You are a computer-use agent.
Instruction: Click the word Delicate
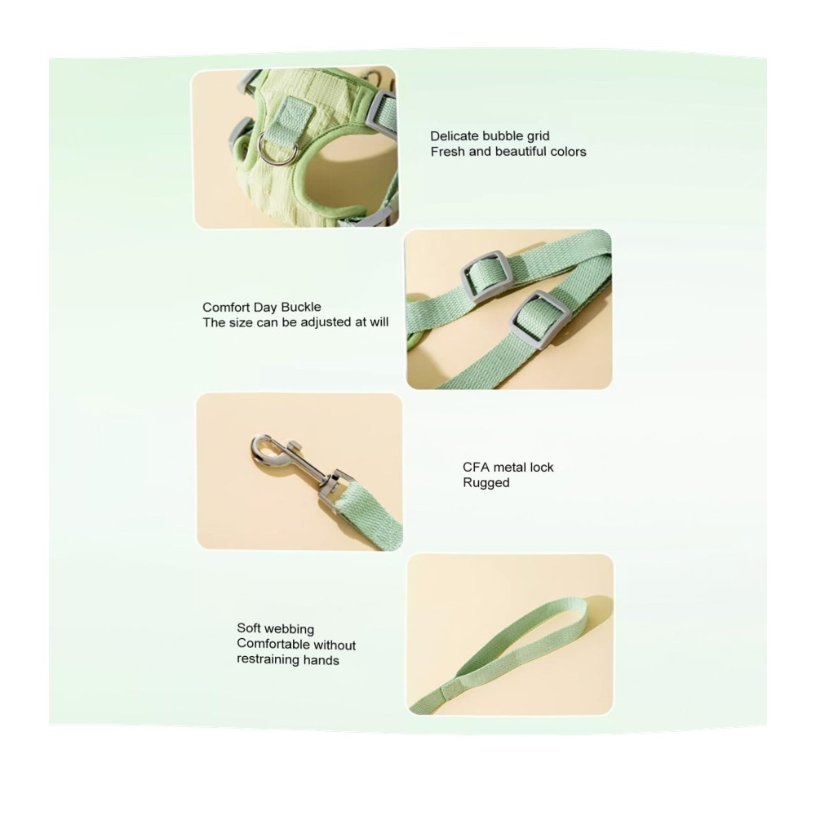(x=455, y=136)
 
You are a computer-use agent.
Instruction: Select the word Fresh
(x=447, y=152)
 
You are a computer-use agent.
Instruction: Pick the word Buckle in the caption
(x=301, y=307)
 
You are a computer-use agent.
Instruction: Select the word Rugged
(x=486, y=483)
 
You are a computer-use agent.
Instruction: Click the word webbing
(x=290, y=630)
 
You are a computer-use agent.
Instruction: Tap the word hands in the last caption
(x=322, y=660)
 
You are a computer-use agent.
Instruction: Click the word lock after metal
(x=541, y=468)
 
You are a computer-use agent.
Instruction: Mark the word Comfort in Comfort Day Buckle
(x=226, y=307)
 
